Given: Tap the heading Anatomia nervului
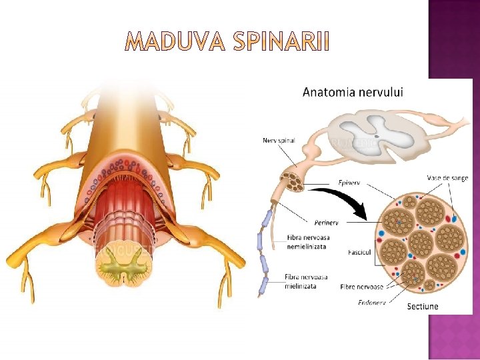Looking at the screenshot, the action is [x=353, y=92].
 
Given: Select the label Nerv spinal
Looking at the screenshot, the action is [x=279, y=140].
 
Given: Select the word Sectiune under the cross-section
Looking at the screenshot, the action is [x=423, y=307].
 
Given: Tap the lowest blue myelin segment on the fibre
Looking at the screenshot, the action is [x=263, y=287].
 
